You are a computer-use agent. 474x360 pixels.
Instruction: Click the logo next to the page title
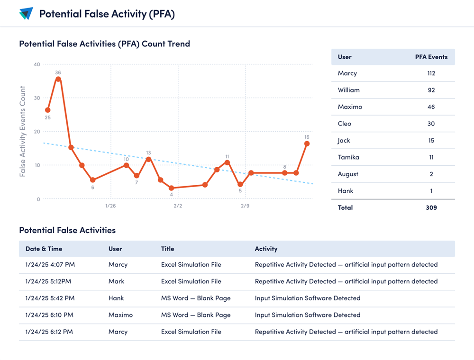tap(26, 14)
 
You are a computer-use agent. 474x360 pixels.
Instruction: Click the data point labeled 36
tap(58, 79)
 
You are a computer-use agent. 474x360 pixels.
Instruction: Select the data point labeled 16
tap(307, 144)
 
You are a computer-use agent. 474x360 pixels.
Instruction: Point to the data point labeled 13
tap(148, 159)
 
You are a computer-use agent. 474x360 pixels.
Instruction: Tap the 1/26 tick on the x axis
tap(110, 206)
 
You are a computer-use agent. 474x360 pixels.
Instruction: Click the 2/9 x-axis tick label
tap(245, 206)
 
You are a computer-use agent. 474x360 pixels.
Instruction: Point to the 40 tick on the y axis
tap(36, 64)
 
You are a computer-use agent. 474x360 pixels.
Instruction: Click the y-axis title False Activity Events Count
tap(22, 132)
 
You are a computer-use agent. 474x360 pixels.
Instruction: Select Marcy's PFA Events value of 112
tap(431, 73)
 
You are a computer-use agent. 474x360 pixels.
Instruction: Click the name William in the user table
tap(348, 90)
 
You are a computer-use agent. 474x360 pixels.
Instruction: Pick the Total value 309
tap(431, 207)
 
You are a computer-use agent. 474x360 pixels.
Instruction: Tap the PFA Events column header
tap(431, 57)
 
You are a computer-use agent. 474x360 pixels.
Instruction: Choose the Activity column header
tap(266, 249)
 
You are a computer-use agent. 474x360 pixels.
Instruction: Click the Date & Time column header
tap(44, 249)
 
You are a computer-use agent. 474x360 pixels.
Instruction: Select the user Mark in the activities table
tap(116, 281)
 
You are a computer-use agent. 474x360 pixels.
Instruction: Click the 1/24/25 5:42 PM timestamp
tap(50, 298)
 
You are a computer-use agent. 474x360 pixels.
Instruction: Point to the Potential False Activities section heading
tap(67, 230)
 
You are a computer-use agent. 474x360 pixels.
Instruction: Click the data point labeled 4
tap(171, 189)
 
